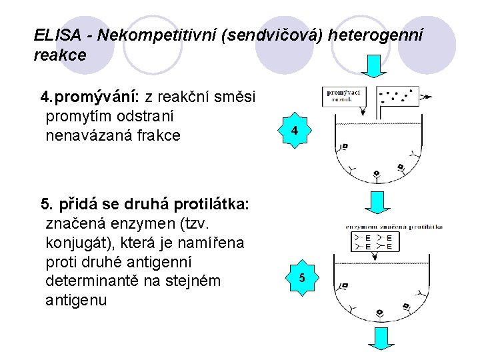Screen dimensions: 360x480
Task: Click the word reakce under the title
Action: [x=59, y=55]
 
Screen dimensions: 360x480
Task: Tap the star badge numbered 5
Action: [x=301, y=277]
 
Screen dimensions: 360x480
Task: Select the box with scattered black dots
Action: [x=397, y=96]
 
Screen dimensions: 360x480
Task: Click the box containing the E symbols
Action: [x=375, y=241]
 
